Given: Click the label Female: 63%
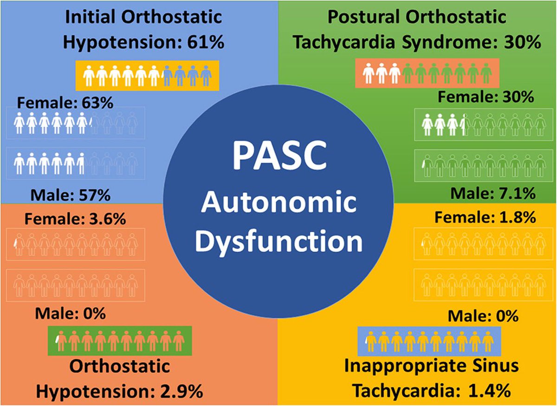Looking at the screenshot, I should point(65,103).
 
